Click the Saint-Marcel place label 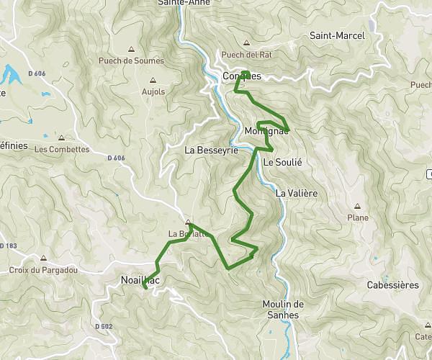click(x=337, y=35)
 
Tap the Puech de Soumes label click(x=131, y=61)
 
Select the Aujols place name click(x=153, y=91)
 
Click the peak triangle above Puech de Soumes click(x=131, y=50)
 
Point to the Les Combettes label click(x=62, y=150)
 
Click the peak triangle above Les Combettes click(x=62, y=138)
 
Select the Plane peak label click(x=358, y=217)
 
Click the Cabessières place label click(x=392, y=285)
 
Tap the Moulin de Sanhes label click(x=284, y=309)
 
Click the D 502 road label click(x=104, y=326)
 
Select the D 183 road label click(x=8, y=246)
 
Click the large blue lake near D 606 click(x=11, y=73)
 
